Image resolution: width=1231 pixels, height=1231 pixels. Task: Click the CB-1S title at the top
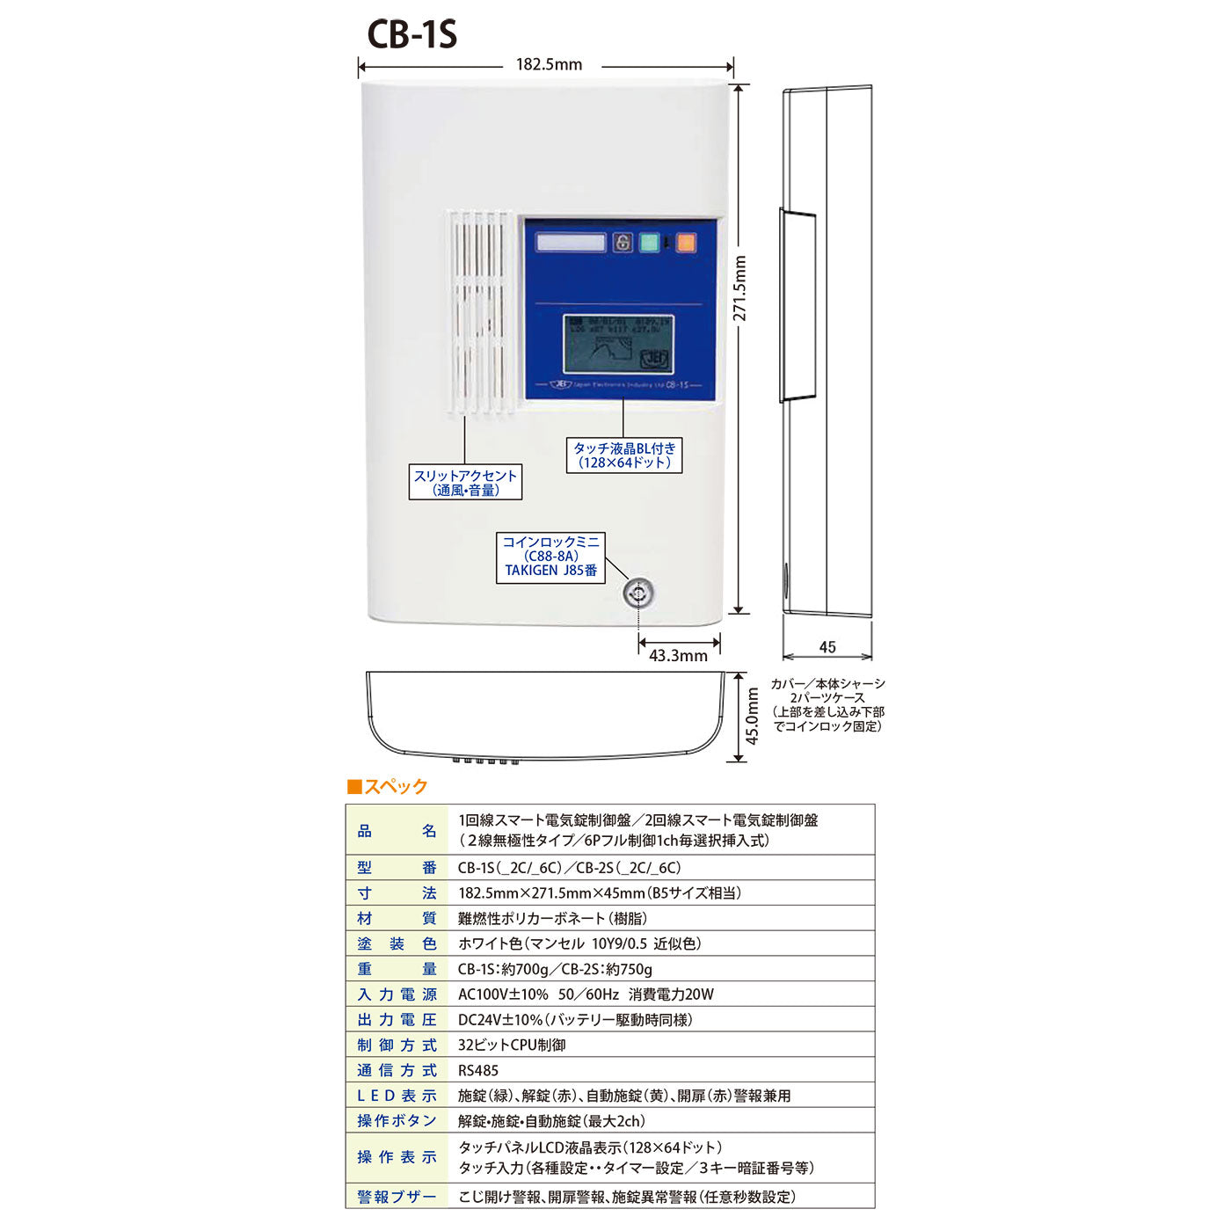pos(412,35)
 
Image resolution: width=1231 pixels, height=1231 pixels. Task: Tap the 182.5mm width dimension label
pos(549,64)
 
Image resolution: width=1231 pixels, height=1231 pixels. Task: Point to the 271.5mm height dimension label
pos(740,288)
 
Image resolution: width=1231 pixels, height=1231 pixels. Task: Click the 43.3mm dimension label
pos(678,656)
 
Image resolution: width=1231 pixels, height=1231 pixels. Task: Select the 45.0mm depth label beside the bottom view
pos(753,716)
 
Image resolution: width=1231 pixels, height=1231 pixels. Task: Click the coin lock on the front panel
pos(638,594)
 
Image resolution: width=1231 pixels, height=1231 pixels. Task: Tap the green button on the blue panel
pos(649,242)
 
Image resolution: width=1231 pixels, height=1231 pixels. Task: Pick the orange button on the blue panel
pos(686,242)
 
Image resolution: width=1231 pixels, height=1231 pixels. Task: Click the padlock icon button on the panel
pos(623,242)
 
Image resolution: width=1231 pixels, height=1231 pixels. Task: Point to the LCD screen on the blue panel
pos(618,344)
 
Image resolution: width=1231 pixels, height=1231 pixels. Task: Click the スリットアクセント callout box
pos(465,483)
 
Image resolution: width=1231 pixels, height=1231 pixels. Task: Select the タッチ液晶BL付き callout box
pos(624,455)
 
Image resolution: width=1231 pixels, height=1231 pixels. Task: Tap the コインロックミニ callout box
pos(551,557)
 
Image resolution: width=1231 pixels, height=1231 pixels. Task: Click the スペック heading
pos(388,786)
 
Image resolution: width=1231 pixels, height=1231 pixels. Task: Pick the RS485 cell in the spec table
pos(478,1070)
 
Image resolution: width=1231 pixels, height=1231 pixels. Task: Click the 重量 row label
pos(397,969)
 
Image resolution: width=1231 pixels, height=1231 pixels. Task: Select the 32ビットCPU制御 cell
pos(512,1045)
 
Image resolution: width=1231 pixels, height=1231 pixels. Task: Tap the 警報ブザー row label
pos(397,1197)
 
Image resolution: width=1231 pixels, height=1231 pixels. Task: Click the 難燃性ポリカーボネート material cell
pos(552,918)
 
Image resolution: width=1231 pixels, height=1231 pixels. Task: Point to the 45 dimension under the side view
pos(827,647)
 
